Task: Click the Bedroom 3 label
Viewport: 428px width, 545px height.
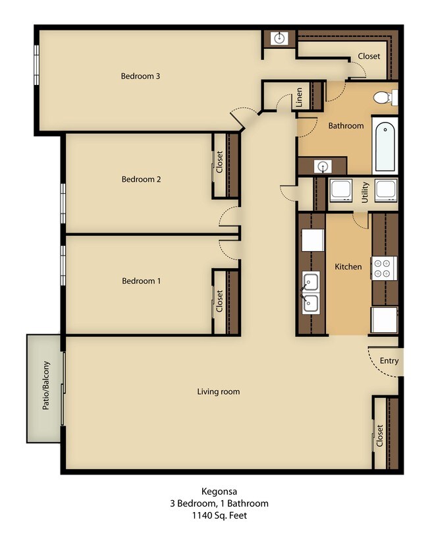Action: pyautogui.click(x=140, y=76)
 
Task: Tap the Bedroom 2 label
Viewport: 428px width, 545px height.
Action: pyautogui.click(x=141, y=179)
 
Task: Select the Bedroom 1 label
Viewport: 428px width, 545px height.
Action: pyautogui.click(x=141, y=281)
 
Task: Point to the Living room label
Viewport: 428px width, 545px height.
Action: pyautogui.click(x=219, y=391)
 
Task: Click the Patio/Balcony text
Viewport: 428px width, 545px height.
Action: pyautogui.click(x=46, y=386)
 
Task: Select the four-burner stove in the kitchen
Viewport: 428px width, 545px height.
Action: pyautogui.click(x=384, y=268)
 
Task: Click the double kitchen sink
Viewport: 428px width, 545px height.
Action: pyautogui.click(x=311, y=293)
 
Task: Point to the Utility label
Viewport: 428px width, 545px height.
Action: pyautogui.click(x=365, y=192)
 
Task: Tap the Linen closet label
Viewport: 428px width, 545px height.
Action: pyautogui.click(x=299, y=97)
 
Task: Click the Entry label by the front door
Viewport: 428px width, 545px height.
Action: pyautogui.click(x=389, y=360)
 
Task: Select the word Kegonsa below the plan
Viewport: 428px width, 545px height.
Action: pyautogui.click(x=219, y=492)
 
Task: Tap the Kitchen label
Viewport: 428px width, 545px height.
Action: pyautogui.click(x=348, y=267)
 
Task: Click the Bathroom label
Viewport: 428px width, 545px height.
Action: pyautogui.click(x=346, y=125)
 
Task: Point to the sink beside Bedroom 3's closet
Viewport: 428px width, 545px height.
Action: pyautogui.click(x=279, y=38)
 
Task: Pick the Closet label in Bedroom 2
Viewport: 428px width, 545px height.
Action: pyautogui.click(x=219, y=162)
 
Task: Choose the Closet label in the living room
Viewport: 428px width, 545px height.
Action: pyautogui.click(x=379, y=436)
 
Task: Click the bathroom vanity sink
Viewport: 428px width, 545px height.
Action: pyautogui.click(x=323, y=167)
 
